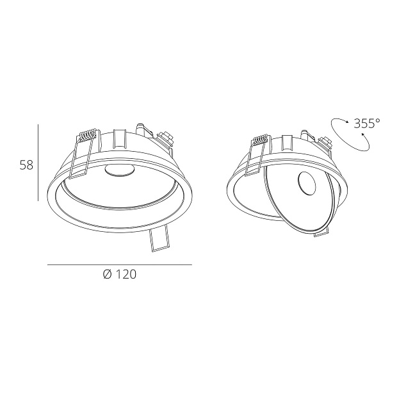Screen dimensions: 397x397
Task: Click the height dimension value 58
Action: [26, 165]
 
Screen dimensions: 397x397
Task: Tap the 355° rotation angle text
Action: [366, 124]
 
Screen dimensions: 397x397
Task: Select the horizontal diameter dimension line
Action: [120, 264]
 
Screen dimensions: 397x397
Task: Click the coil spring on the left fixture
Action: [86, 136]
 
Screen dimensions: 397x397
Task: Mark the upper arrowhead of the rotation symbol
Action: [346, 120]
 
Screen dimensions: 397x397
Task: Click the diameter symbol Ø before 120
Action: [107, 275]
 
